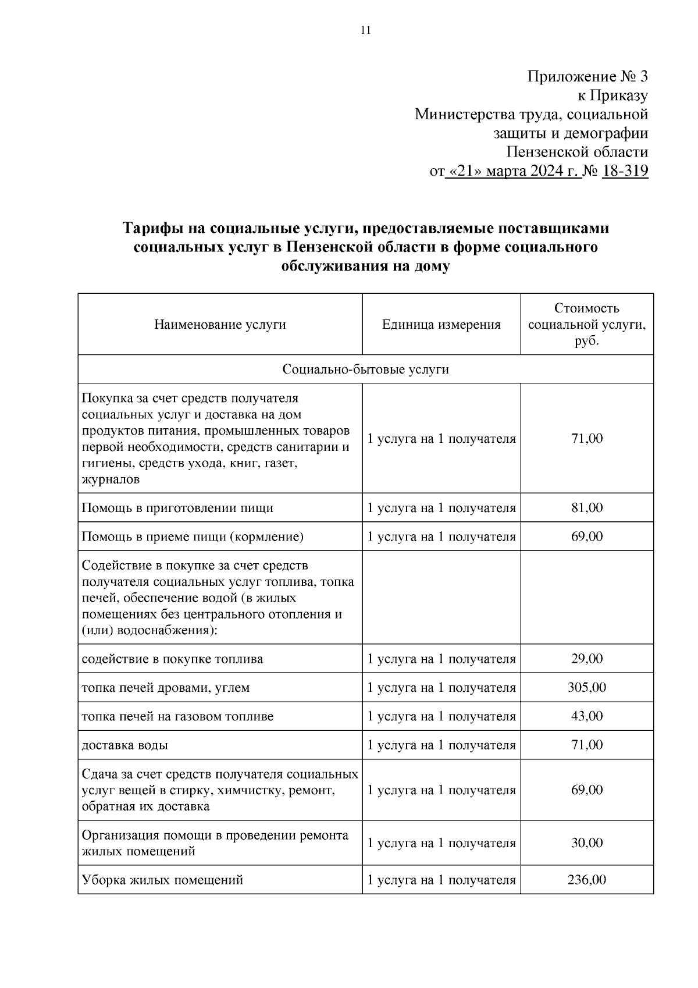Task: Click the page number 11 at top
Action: click(365, 31)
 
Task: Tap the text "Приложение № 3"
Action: click(587, 77)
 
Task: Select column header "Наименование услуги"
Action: click(220, 325)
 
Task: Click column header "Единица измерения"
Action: click(441, 325)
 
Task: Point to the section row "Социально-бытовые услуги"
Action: click(365, 369)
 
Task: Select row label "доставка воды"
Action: click(125, 745)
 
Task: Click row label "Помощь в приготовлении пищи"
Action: click(177, 508)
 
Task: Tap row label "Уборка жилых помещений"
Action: click(162, 880)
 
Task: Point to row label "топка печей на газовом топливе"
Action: click(177, 716)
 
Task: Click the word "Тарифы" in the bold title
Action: click(151, 229)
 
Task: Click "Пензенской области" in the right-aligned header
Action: click(576, 152)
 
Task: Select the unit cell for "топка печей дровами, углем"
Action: click(441, 688)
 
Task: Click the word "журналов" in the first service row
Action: click(111, 480)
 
